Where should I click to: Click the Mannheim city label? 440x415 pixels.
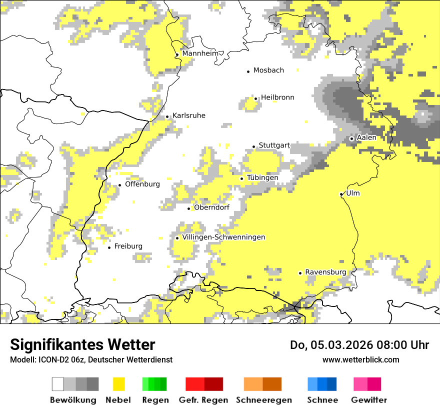click(x=200, y=53)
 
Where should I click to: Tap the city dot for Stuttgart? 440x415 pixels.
click(x=254, y=146)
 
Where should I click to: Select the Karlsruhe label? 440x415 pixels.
click(x=189, y=115)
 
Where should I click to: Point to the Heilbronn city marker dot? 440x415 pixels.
click(x=256, y=98)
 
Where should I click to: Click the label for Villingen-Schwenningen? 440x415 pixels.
click(x=223, y=237)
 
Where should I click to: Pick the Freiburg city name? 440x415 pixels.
click(x=128, y=246)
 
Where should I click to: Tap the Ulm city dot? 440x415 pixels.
click(x=341, y=194)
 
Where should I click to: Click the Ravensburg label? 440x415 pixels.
click(x=325, y=272)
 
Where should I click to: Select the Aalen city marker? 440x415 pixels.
click(x=351, y=138)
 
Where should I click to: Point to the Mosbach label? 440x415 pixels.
click(x=268, y=70)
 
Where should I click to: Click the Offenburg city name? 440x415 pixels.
click(x=142, y=184)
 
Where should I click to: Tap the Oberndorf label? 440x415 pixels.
click(x=211, y=207)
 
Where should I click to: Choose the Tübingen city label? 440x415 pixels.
click(x=262, y=177)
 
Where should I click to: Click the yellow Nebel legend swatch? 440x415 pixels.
click(x=118, y=384)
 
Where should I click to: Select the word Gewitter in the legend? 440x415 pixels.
click(x=369, y=400)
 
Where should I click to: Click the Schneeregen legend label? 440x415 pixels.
click(x=264, y=400)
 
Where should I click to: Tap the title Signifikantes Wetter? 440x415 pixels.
click(x=82, y=344)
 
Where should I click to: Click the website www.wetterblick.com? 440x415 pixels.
click(x=360, y=359)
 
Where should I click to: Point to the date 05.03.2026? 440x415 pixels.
click(x=338, y=345)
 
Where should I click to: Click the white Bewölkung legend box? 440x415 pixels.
click(x=58, y=384)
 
